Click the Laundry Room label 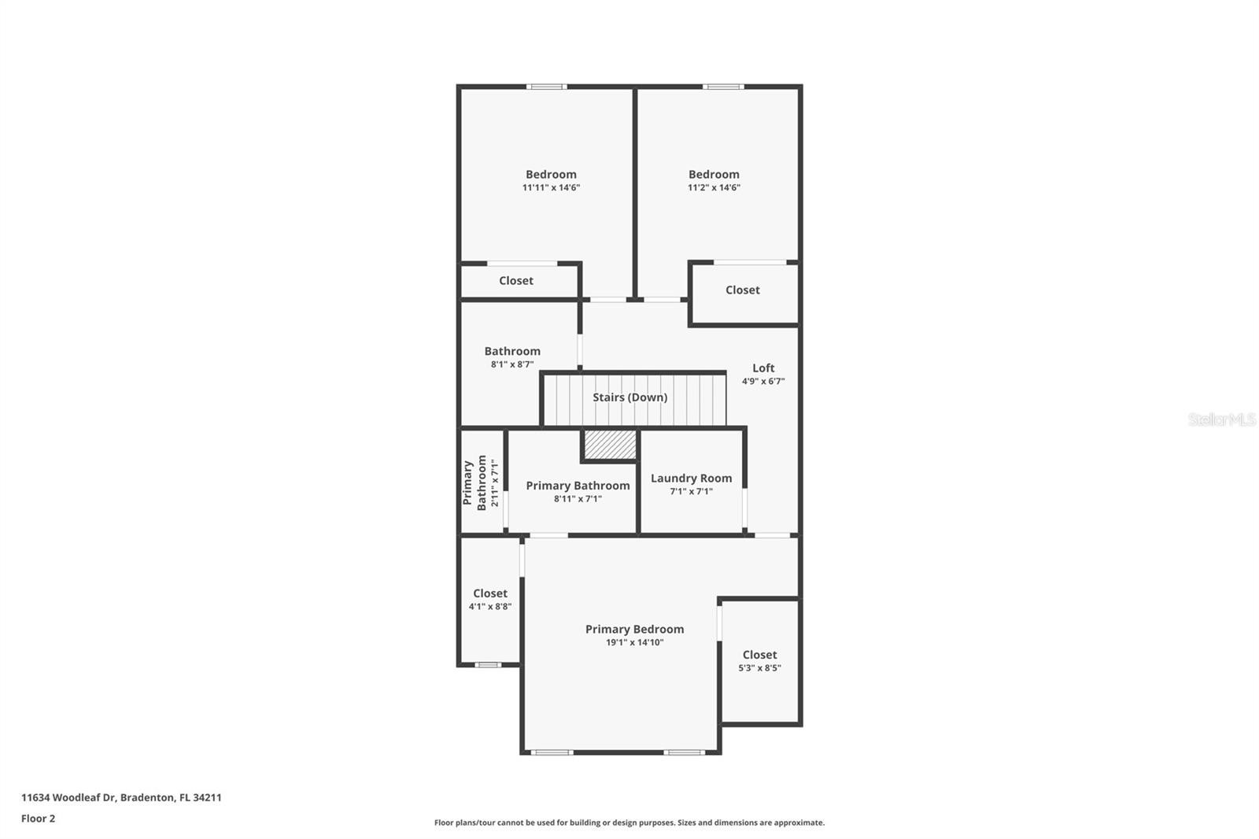pyautogui.click(x=692, y=478)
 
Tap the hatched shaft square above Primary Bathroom pyautogui.click(x=611, y=444)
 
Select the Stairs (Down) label pyautogui.click(x=630, y=397)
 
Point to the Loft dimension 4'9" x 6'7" pyautogui.click(x=763, y=381)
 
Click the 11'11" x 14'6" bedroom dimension pyautogui.click(x=551, y=188)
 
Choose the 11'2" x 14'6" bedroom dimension pyautogui.click(x=714, y=188)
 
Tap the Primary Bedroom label pyautogui.click(x=634, y=630)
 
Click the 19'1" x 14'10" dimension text pyautogui.click(x=634, y=643)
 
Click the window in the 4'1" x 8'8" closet pyautogui.click(x=487, y=665)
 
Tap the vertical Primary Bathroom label pyautogui.click(x=474, y=483)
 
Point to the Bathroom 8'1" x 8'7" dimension pyautogui.click(x=512, y=364)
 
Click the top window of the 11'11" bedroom pyautogui.click(x=546, y=87)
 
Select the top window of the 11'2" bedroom pyautogui.click(x=723, y=87)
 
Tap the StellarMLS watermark pyautogui.click(x=1222, y=419)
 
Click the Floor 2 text pyautogui.click(x=39, y=819)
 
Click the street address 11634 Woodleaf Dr pyautogui.click(x=68, y=797)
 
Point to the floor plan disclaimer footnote pyautogui.click(x=629, y=822)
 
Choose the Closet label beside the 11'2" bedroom pyautogui.click(x=743, y=290)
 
